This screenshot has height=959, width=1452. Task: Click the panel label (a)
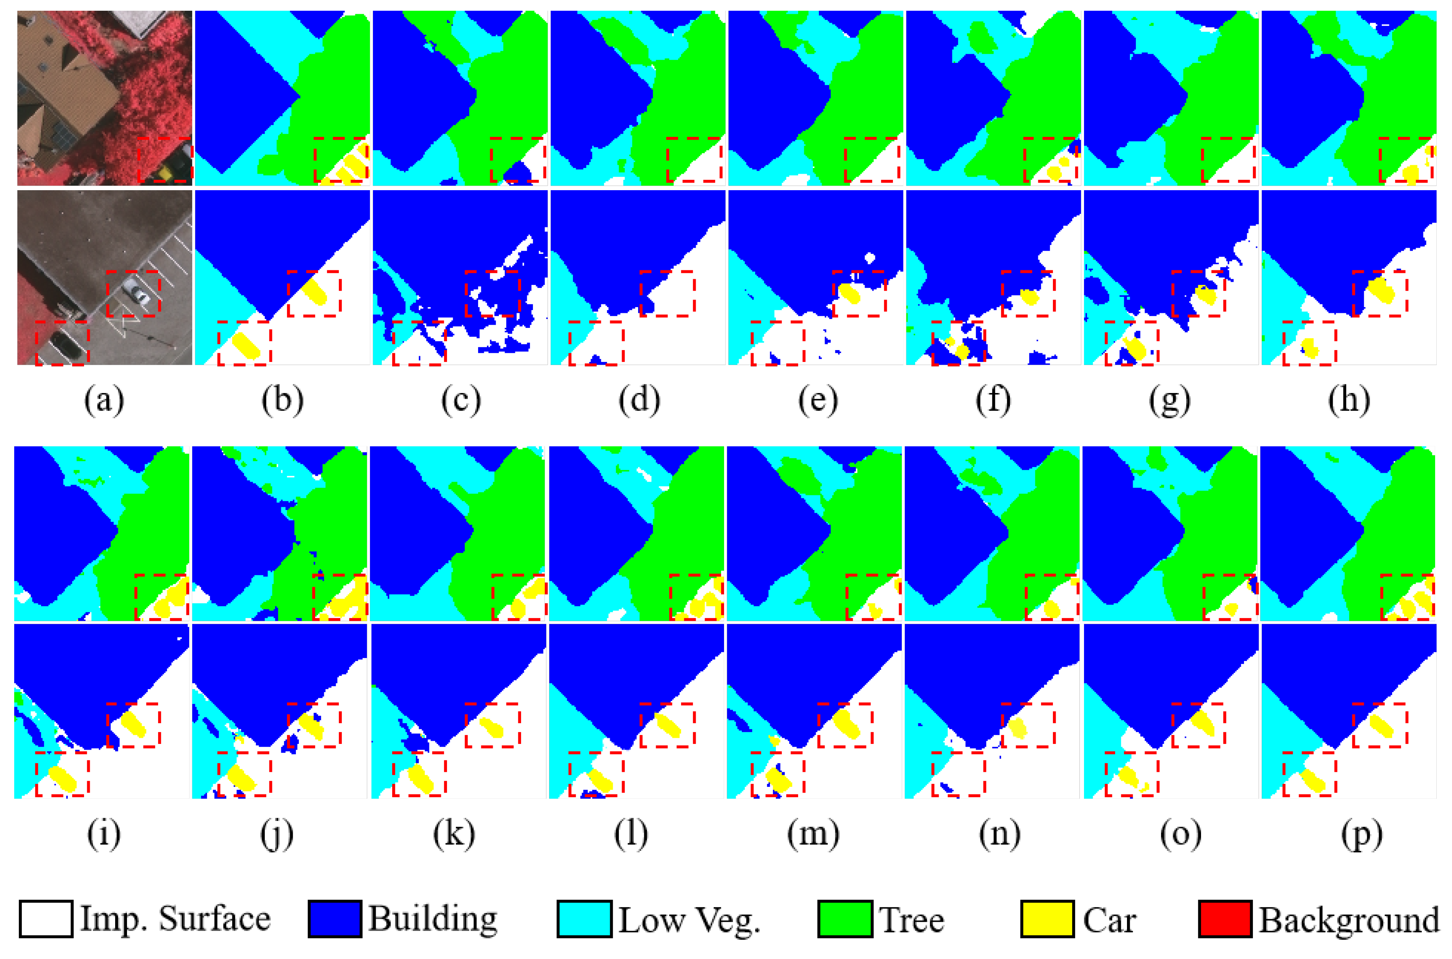(104, 401)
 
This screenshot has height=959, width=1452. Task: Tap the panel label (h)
(1349, 401)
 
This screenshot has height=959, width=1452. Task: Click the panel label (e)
(817, 401)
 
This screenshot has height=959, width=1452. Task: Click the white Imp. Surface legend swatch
(46, 919)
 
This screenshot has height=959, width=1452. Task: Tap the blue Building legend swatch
(335, 919)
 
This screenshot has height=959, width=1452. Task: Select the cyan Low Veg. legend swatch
(584, 919)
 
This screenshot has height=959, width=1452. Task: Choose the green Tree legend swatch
(845, 919)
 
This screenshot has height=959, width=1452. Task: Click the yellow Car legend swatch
(1047, 919)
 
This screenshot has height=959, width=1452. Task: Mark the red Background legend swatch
(1225, 919)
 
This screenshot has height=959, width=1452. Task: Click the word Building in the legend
(432, 919)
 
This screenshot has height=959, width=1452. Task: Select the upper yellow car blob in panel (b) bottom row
(315, 292)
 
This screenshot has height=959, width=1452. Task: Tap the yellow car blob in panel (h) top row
(1411, 173)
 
